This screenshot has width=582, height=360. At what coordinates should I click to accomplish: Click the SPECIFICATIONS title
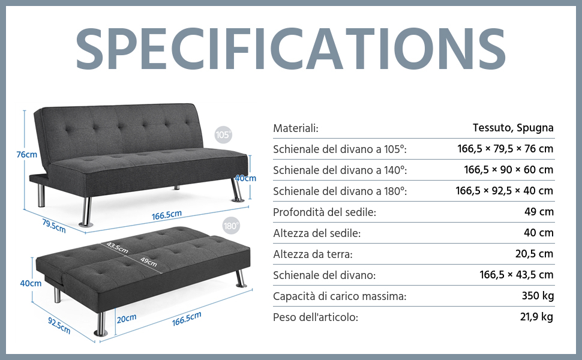pos(290,48)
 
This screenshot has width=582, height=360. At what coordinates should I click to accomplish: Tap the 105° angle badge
pos(223,134)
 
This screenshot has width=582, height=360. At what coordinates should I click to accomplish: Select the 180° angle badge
pos(231,226)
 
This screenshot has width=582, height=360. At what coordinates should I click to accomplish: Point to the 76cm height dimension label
pos(27,154)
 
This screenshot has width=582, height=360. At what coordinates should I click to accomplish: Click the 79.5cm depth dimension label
pos(54,226)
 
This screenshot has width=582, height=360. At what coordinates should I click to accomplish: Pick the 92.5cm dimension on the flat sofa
pos(59,325)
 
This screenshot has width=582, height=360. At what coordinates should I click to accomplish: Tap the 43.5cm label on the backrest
pos(117,248)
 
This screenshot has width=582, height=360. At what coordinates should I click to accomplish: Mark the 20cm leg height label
pos(127,319)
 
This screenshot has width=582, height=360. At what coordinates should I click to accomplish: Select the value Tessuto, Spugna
pos(513,128)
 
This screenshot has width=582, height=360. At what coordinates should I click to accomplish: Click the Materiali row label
pos(296,128)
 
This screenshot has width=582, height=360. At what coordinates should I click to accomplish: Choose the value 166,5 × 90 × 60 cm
pos(509,170)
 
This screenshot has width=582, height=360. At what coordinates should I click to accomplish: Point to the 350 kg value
pos(538,296)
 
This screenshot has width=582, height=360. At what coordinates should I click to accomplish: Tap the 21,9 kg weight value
pos(537,317)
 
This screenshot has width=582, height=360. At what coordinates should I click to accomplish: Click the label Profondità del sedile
pos(325,212)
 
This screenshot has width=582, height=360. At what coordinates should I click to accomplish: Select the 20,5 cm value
pos(535,254)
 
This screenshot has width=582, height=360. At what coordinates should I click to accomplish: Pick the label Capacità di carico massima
pos(340,296)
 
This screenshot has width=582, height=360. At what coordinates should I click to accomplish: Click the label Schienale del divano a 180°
pos(340,191)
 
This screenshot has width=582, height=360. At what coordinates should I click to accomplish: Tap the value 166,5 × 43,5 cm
pos(517,275)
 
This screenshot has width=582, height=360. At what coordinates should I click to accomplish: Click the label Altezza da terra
pos(313,254)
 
